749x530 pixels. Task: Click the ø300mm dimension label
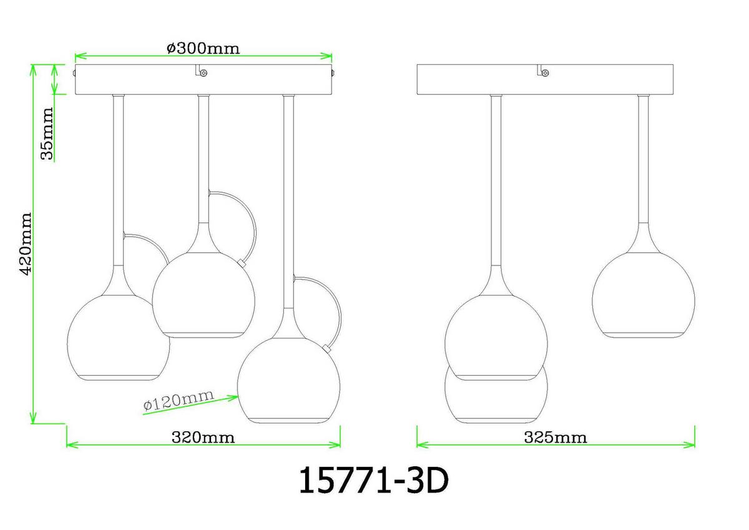[x=203, y=49]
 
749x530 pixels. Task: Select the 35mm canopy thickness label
[x=47, y=134]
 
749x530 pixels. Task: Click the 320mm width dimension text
[x=203, y=438]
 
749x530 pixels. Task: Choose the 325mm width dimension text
[x=555, y=438]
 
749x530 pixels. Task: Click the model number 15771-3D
[x=373, y=481]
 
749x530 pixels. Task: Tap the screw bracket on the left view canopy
[x=202, y=71]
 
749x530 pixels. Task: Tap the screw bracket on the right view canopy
[x=543, y=71]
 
